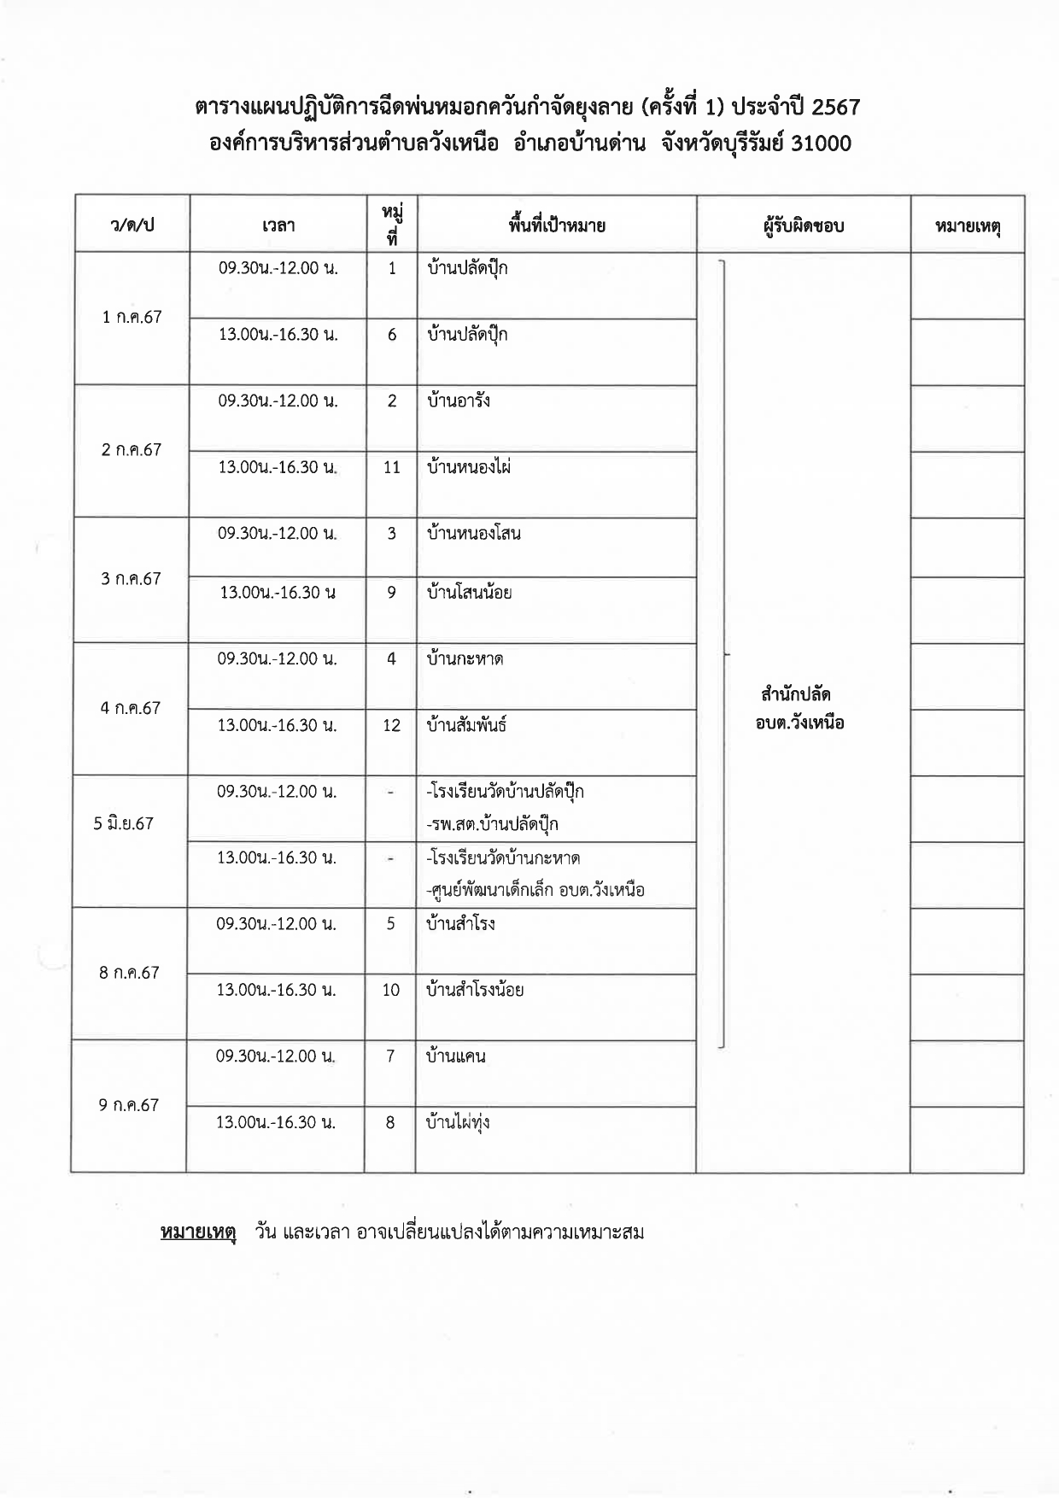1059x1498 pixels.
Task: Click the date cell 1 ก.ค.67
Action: point(132,317)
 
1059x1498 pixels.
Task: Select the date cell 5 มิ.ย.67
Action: point(124,823)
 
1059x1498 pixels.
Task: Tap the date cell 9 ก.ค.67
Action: point(129,1104)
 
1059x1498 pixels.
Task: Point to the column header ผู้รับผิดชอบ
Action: point(803,225)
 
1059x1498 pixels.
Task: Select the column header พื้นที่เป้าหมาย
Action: point(556,225)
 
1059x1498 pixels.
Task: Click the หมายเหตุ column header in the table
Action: point(968,225)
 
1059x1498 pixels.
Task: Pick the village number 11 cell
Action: point(392,467)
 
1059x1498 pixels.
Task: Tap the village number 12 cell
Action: point(391,725)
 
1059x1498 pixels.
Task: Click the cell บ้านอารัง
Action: point(459,401)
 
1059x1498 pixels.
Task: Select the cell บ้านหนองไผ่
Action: point(469,467)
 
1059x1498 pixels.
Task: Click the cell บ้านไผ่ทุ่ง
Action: point(458,1122)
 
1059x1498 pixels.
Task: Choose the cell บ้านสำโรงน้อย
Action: point(475,990)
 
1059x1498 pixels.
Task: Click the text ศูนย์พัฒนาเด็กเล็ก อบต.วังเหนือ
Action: point(535,890)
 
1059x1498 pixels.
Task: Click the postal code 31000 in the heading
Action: point(822,143)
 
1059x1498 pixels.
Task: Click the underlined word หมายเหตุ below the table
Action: point(197,1232)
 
